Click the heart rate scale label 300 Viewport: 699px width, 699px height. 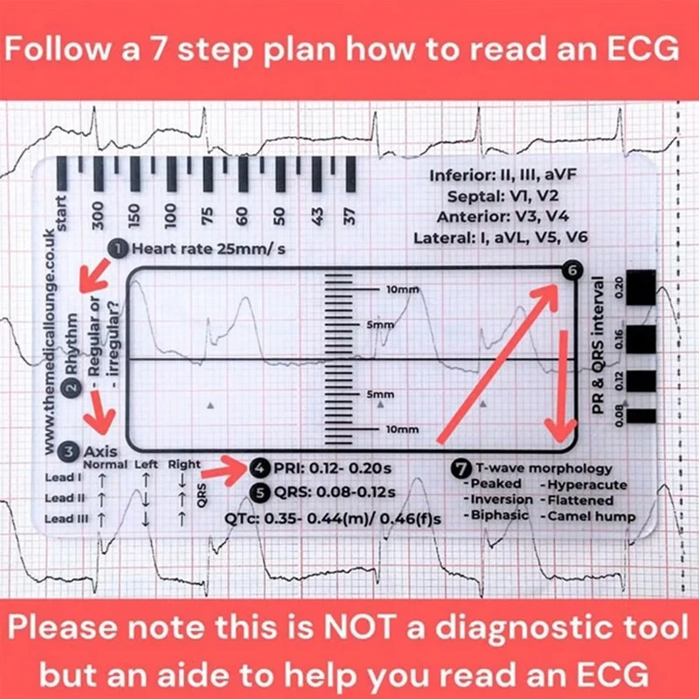98,213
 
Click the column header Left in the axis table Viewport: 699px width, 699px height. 146,465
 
